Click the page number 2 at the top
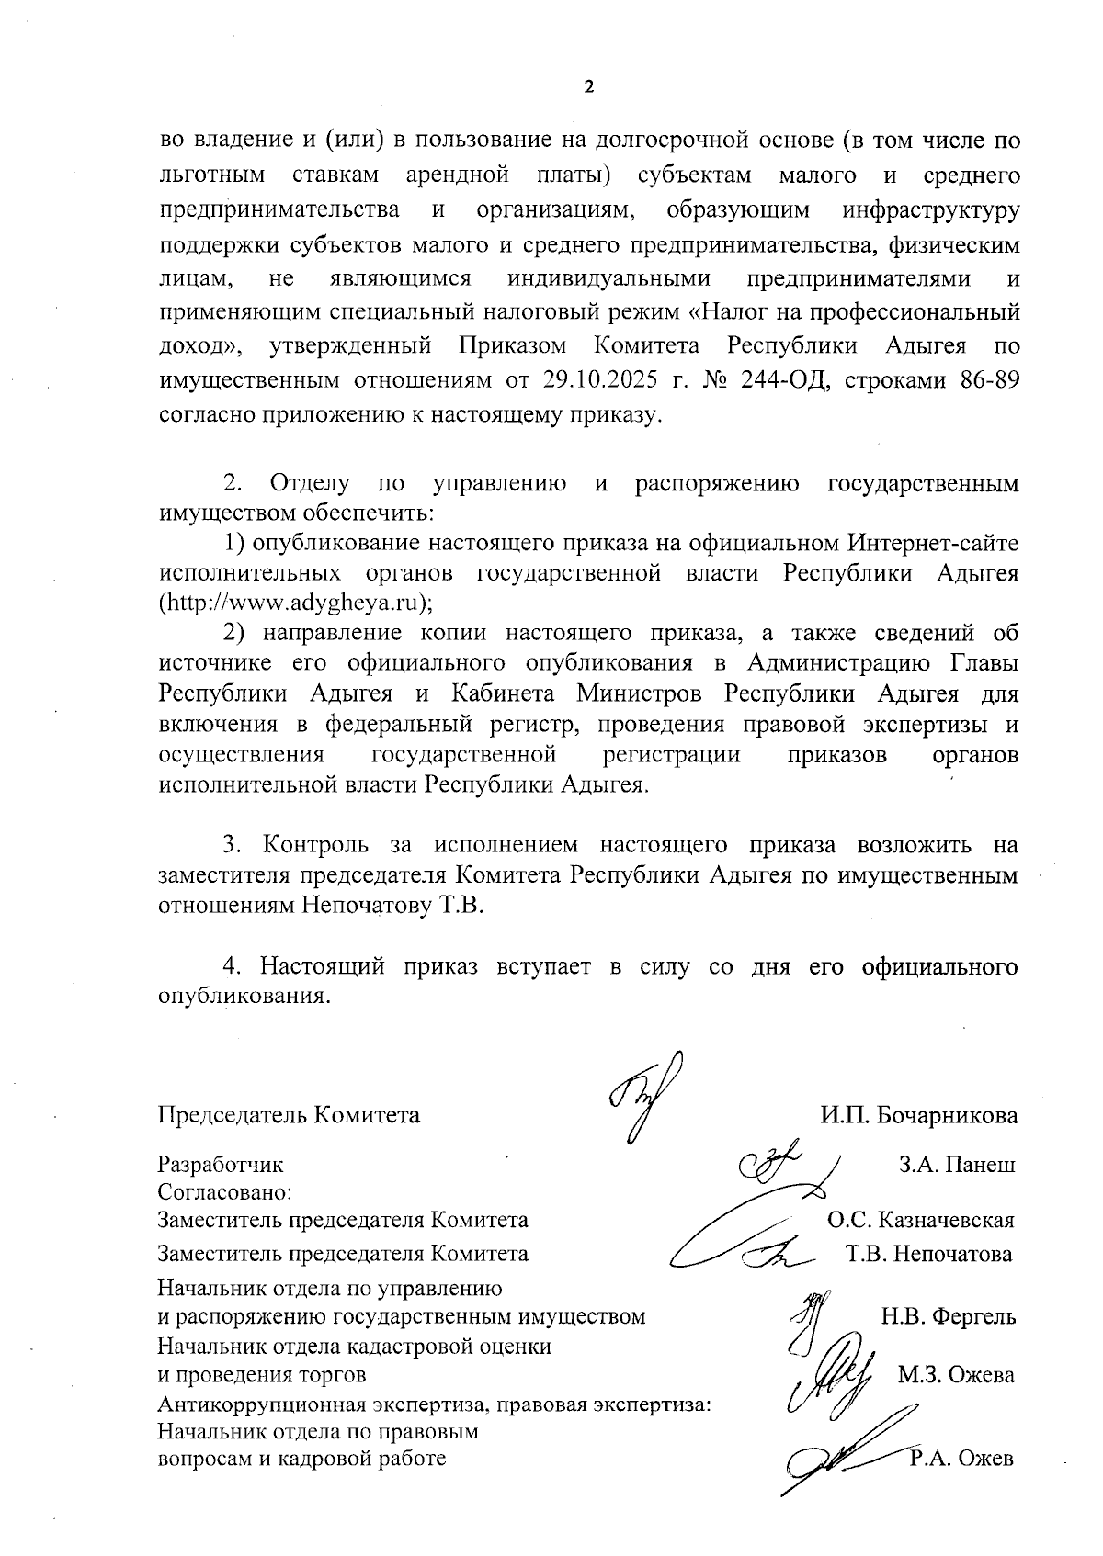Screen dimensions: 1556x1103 click(x=589, y=87)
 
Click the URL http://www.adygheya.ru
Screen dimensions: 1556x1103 click(x=292, y=603)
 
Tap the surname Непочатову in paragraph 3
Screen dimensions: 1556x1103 click(x=363, y=906)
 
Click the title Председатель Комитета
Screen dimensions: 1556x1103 click(x=289, y=1115)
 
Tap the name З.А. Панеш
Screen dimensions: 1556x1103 click(x=956, y=1165)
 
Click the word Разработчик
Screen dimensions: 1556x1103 click(x=221, y=1165)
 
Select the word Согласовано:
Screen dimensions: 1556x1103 click(x=224, y=1192)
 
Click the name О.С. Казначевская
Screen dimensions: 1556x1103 click(x=920, y=1220)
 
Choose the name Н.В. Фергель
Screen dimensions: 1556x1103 click(x=949, y=1316)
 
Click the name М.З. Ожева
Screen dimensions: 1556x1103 click(x=956, y=1375)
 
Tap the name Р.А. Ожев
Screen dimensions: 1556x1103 click(x=961, y=1458)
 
